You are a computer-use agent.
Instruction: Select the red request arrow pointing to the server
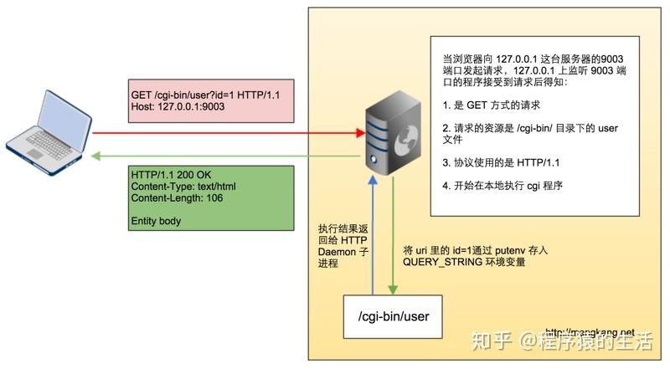point(226,132)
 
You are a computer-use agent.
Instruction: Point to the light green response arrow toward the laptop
point(226,156)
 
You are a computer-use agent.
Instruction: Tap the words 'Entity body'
point(157,222)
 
